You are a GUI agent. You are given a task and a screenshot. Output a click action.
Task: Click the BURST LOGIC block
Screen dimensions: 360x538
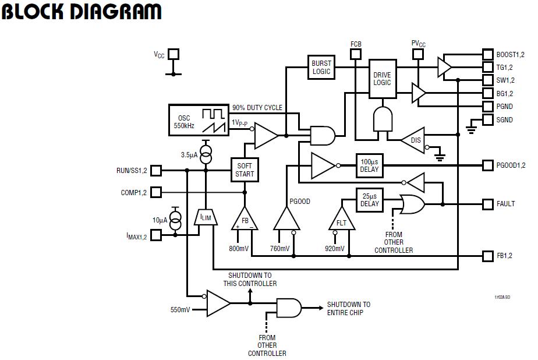pos(321,68)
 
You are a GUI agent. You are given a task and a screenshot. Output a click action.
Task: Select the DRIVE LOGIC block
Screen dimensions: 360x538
pos(382,79)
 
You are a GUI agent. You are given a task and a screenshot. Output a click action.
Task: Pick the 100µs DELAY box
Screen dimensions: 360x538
pos(369,165)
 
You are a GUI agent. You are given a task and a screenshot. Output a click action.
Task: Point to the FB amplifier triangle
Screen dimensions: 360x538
pos(245,220)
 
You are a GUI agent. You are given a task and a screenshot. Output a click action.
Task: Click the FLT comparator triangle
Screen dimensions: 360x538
pos(342,220)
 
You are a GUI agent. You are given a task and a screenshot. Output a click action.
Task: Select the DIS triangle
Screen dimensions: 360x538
pos(414,140)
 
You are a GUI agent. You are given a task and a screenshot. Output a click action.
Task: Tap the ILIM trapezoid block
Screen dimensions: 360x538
pos(206,217)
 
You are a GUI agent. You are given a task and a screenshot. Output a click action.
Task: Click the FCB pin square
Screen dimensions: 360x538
pos(356,54)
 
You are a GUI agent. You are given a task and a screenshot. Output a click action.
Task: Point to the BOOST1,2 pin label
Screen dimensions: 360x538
pos(512,54)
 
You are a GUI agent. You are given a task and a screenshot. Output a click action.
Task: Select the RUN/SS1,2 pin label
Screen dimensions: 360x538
pos(132,171)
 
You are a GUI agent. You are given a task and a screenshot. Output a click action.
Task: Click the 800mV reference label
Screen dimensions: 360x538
pos(239,249)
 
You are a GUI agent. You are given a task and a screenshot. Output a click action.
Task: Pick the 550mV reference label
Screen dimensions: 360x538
pos(180,309)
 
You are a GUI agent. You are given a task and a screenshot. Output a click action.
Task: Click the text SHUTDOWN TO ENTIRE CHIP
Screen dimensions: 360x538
pos(348,308)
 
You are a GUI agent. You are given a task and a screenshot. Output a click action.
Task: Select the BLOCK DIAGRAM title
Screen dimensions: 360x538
pos(82,12)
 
